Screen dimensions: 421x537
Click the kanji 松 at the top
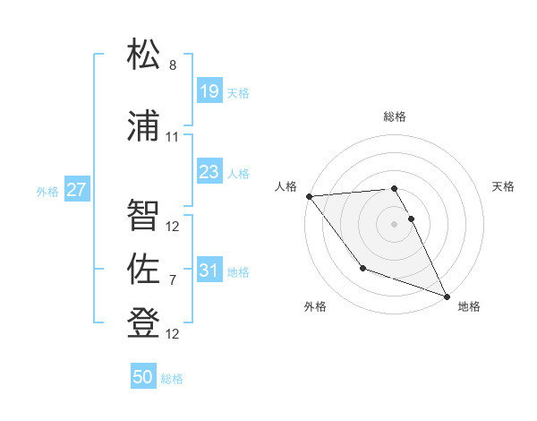coord(144,56)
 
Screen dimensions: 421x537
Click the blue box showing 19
coord(209,90)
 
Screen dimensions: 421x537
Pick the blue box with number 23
coord(209,172)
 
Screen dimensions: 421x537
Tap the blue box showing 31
coord(209,270)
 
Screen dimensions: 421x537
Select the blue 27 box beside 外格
coord(77,189)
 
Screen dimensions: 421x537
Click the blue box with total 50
coord(143,377)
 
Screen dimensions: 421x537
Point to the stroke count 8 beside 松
coord(173,65)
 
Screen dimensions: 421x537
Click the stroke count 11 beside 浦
coord(173,137)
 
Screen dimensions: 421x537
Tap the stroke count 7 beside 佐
coord(173,280)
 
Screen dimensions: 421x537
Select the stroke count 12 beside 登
coord(173,334)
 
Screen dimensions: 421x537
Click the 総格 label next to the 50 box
coord(172,379)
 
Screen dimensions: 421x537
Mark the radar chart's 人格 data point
coord(309,196)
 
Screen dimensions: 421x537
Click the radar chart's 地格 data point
coord(447,296)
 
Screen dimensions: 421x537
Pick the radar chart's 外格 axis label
coord(315,306)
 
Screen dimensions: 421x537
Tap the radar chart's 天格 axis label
coord(504,186)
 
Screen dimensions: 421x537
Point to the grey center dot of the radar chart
coord(394,223)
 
